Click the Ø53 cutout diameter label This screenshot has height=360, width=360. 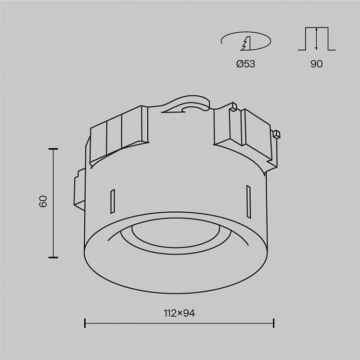click(245, 64)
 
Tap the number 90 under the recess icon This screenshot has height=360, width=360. click(317, 64)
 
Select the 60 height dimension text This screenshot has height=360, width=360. click(43, 202)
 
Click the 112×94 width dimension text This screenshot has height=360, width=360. click(180, 313)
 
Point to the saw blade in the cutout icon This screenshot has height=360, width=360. click(246, 43)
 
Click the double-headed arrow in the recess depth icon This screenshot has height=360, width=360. click(316, 39)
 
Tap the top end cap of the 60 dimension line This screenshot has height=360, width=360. click(53, 149)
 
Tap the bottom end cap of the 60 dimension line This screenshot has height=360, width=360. click(53, 257)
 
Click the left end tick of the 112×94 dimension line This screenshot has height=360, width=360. click(85, 323)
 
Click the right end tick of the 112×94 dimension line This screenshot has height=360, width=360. click(273, 323)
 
